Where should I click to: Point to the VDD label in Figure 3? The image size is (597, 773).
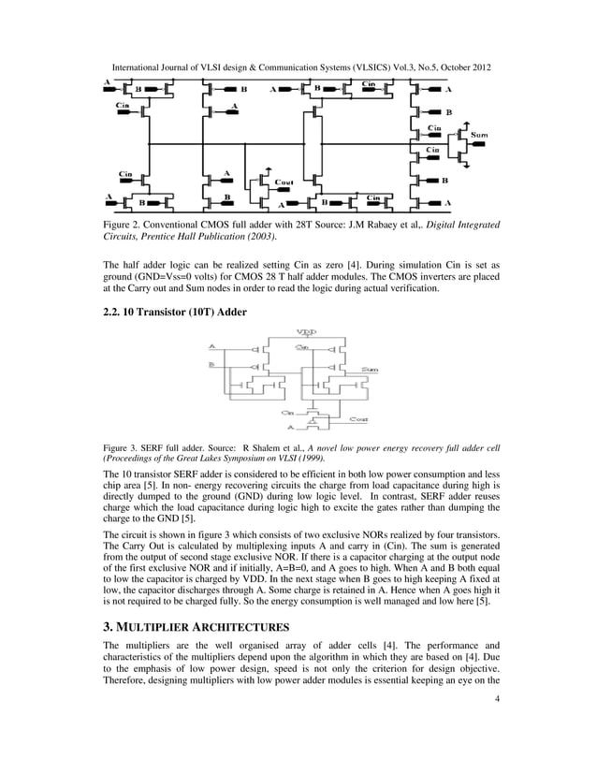click(x=305, y=332)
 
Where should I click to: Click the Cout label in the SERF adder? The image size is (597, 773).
click(x=357, y=418)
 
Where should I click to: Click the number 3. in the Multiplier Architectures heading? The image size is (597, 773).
click(x=108, y=626)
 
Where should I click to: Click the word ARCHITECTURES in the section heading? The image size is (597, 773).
click(x=247, y=626)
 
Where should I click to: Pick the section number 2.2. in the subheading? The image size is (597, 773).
click(x=115, y=310)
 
